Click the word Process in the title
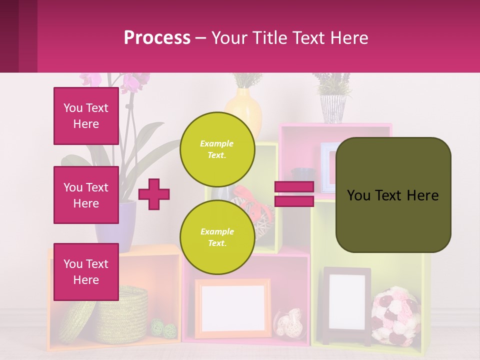pyautogui.click(x=157, y=37)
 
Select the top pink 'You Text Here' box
pyautogui.click(x=86, y=116)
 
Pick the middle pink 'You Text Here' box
pyautogui.click(x=86, y=195)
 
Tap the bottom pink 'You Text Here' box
pyautogui.click(x=86, y=272)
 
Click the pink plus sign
pyautogui.click(x=154, y=194)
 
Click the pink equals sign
pyautogui.click(x=294, y=194)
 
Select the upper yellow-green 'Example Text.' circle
pyautogui.click(x=217, y=149)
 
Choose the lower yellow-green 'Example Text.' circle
pyautogui.click(x=217, y=237)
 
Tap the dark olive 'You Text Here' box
pyautogui.click(x=393, y=195)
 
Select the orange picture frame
pyautogui.click(x=232, y=307)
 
